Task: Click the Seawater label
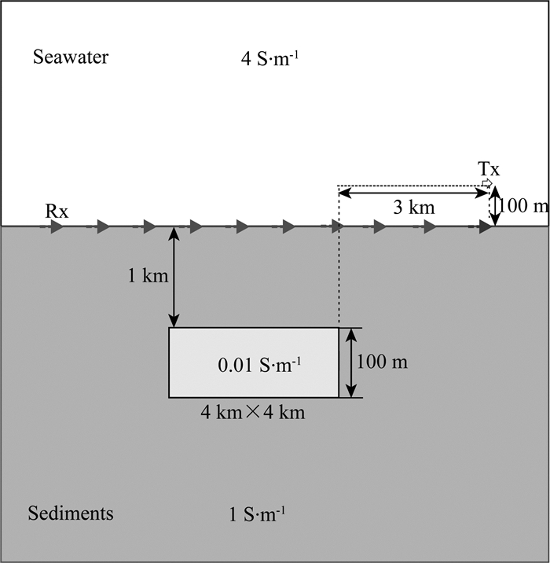coord(70,57)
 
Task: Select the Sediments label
coord(70,513)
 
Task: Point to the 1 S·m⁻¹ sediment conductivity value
coord(256,515)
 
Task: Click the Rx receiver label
coord(57,211)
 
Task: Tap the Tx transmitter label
coord(489,168)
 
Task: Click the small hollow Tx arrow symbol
coord(488,183)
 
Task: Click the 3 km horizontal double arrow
coord(413,192)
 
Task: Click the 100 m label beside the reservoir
coord(383,362)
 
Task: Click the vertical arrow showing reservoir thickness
coord(351,362)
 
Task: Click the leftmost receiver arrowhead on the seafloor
coord(57,227)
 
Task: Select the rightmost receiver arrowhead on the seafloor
coord(485,227)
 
